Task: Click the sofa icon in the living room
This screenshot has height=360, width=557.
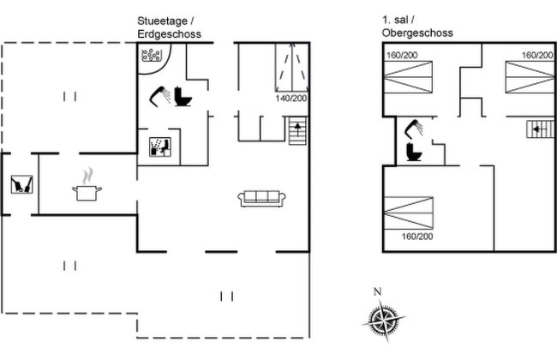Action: tap(262, 198)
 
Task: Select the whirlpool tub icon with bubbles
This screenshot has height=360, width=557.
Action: tap(152, 55)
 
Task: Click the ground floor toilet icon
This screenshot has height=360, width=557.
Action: tap(183, 97)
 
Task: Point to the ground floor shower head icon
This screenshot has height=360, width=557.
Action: tap(159, 96)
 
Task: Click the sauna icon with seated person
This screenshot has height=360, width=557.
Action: tap(160, 147)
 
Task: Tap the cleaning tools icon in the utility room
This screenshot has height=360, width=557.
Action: tap(21, 184)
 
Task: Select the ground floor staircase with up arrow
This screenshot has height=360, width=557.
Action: tap(297, 131)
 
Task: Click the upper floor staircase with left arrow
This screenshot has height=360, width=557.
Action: tap(540, 129)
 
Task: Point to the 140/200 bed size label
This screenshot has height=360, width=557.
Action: tap(291, 99)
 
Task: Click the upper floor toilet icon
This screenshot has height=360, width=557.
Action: tap(414, 152)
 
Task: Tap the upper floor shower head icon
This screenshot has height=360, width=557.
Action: tap(414, 129)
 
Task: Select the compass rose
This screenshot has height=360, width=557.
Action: tap(384, 320)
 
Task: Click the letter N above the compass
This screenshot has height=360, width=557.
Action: tap(378, 291)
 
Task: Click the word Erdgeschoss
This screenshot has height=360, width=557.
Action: tap(169, 34)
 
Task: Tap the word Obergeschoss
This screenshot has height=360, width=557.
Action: tap(417, 33)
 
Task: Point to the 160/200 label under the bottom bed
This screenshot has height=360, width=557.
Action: tap(417, 237)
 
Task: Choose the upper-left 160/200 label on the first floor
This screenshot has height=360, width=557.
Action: tap(402, 56)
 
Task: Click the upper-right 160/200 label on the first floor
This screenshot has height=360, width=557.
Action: tap(537, 56)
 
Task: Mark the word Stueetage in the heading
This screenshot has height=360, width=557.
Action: tap(162, 21)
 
